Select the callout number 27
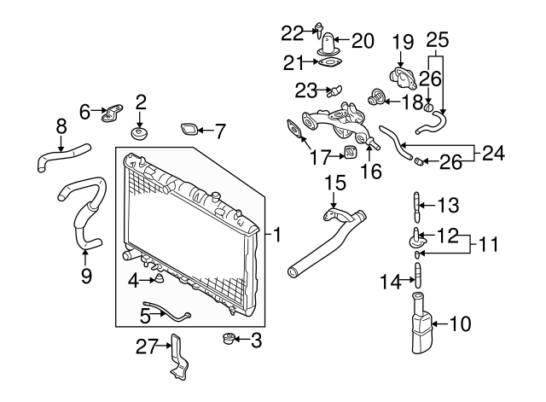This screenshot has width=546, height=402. pos(148,346)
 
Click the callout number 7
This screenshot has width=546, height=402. pos(219,131)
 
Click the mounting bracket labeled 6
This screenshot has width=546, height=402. pos(112,113)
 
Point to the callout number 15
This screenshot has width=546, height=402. pos(335,182)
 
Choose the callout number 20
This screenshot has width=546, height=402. pos(363,39)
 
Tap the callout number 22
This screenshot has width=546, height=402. pos(292,32)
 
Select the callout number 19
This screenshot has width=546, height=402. pos(403,41)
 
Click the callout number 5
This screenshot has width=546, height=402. pos(145,315)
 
